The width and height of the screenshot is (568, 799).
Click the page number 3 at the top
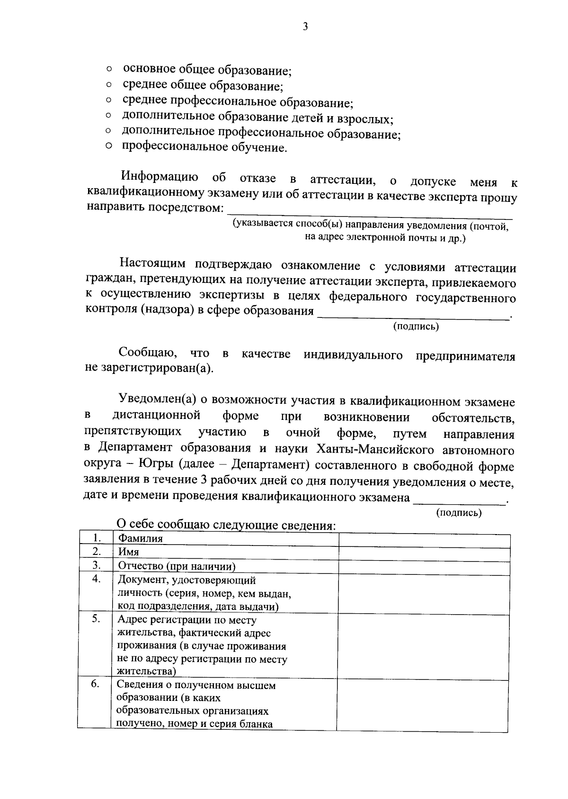pyautogui.click(x=305, y=27)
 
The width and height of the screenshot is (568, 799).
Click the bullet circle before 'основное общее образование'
pyautogui.click(x=109, y=70)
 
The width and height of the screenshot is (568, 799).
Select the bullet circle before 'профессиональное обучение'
pyautogui.click(x=108, y=147)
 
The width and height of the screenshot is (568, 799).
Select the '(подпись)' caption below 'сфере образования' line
pyautogui.click(x=416, y=327)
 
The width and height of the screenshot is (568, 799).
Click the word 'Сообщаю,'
pyautogui.click(x=148, y=353)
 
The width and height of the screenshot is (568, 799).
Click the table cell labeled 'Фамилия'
pyautogui.click(x=140, y=539)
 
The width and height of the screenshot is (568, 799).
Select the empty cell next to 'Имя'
pyautogui.click(x=424, y=553)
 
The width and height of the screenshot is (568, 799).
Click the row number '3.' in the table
pyautogui.click(x=97, y=565)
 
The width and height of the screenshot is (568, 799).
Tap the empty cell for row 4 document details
pyautogui.click(x=424, y=593)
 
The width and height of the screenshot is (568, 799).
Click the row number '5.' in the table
pyautogui.click(x=96, y=618)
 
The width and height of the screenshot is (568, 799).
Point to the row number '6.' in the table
pyautogui.click(x=95, y=684)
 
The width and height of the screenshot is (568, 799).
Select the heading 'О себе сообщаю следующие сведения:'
pyautogui.click(x=226, y=525)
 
